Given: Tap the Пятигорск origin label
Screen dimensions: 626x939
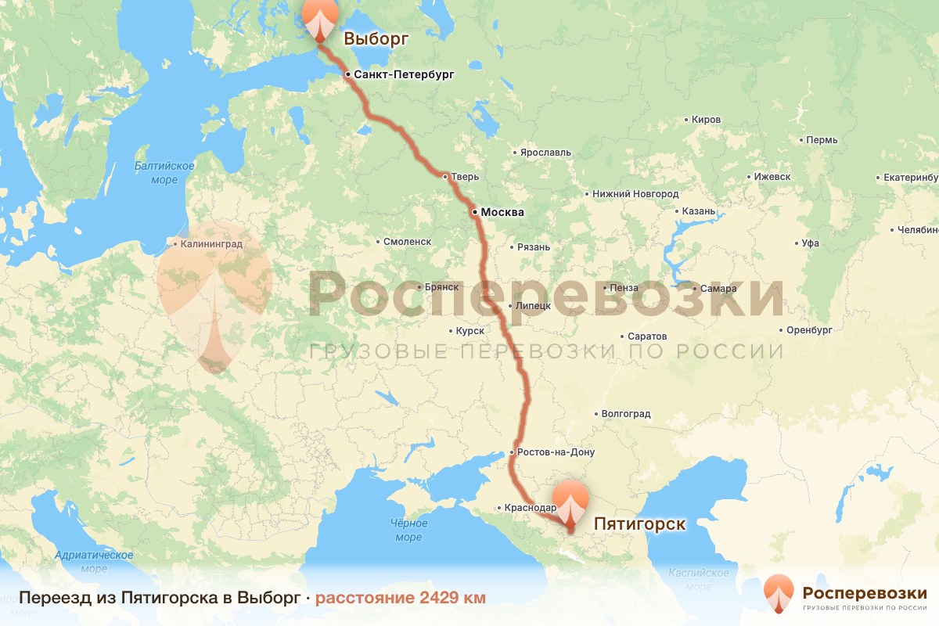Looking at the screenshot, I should [640, 523].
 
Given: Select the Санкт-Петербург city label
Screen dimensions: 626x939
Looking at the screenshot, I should [404, 75].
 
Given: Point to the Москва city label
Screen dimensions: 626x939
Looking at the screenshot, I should [502, 212].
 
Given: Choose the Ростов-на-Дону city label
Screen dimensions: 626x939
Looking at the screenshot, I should [556, 452].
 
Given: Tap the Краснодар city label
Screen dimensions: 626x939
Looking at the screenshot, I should [531, 508].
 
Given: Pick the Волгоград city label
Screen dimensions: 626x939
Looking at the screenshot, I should [625, 414].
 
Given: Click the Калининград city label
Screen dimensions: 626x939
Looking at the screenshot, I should [211, 244].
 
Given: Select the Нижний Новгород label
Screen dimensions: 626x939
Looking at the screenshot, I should [635, 193].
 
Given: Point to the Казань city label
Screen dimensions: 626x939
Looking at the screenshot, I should [698, 211].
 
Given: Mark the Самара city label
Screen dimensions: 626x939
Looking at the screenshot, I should [718, 289].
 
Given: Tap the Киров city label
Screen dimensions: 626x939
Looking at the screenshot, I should [706, 120].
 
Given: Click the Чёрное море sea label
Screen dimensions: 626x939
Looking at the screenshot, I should [408, 530].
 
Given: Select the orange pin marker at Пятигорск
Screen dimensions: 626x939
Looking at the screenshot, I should [570, 504].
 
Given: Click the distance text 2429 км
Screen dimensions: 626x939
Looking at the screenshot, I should [400, 598].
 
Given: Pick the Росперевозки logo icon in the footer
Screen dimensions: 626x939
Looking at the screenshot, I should [778, 593].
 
